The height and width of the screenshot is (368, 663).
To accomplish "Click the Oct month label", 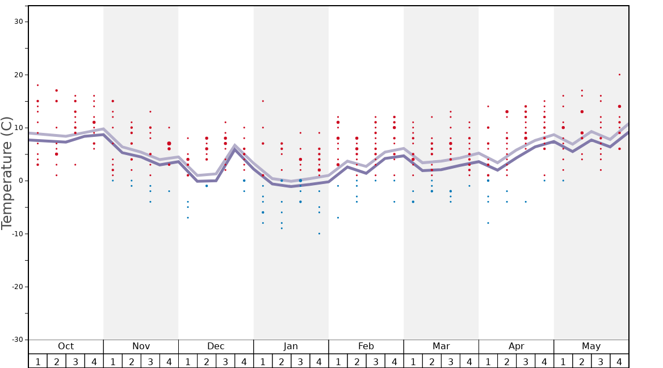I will [x=66, y=346].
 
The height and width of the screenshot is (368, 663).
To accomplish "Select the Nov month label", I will [x=141, y=346].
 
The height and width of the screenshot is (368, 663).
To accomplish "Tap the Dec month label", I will [x=216, y=346].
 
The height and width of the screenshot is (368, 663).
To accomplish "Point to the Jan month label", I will [x=291, y=346].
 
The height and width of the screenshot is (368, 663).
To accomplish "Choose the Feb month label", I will [x=366, y=346].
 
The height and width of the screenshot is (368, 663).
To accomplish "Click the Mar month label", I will [x=441, y=346].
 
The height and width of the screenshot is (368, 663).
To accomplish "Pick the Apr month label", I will [x=516, y=346].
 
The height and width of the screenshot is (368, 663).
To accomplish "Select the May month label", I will [x=591, y=346].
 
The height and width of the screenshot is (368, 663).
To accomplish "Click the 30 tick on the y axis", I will [x=19, y=22].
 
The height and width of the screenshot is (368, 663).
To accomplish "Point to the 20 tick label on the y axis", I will [x=19, y=75].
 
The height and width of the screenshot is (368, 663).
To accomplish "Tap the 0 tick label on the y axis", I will [x=20, y=181].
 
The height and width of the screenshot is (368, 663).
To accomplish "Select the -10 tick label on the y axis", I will [x=17, y=234].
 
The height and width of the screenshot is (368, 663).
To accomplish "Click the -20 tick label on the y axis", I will [x=17, y=287].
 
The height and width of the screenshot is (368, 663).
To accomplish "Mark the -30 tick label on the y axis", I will [x=17, y=340].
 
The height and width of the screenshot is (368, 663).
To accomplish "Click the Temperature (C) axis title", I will [x=7, y=173].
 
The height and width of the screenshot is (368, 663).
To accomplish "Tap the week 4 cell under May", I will [x=619, y=361].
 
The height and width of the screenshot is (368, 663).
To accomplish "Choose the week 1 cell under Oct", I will [x=37, y=361].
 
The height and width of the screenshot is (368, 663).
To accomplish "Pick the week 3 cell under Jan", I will [x=300, y=361].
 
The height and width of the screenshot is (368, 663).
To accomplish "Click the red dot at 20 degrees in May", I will [x=619, y=74].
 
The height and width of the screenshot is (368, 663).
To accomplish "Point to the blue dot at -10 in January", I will [x=319, y=233].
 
